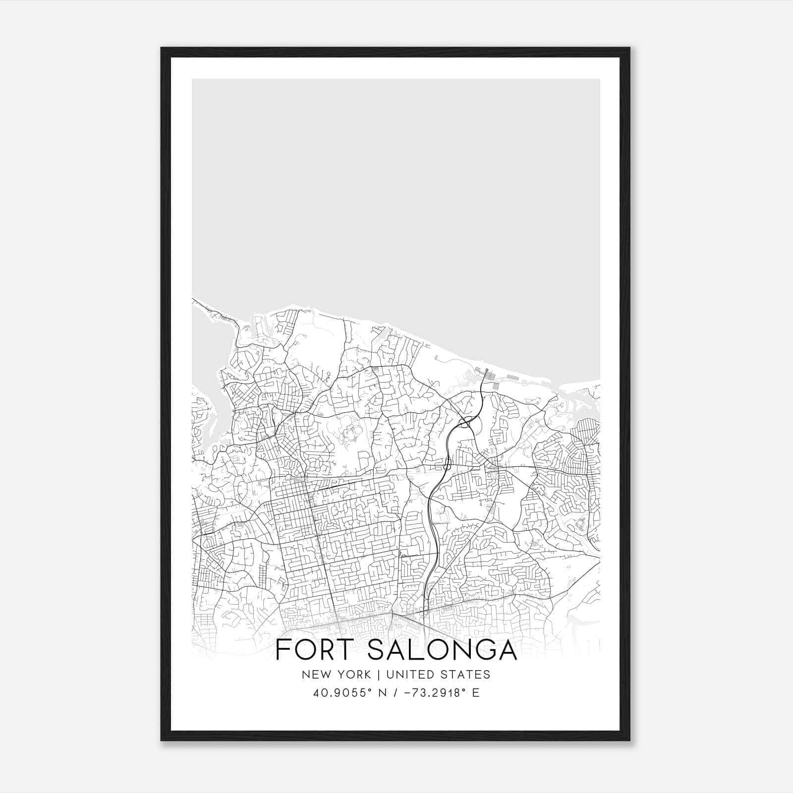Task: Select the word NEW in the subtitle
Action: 314,675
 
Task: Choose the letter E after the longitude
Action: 476,693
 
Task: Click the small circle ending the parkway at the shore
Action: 487,370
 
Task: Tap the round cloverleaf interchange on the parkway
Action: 465,422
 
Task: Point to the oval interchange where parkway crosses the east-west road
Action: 447,465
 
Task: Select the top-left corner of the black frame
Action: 163,49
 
